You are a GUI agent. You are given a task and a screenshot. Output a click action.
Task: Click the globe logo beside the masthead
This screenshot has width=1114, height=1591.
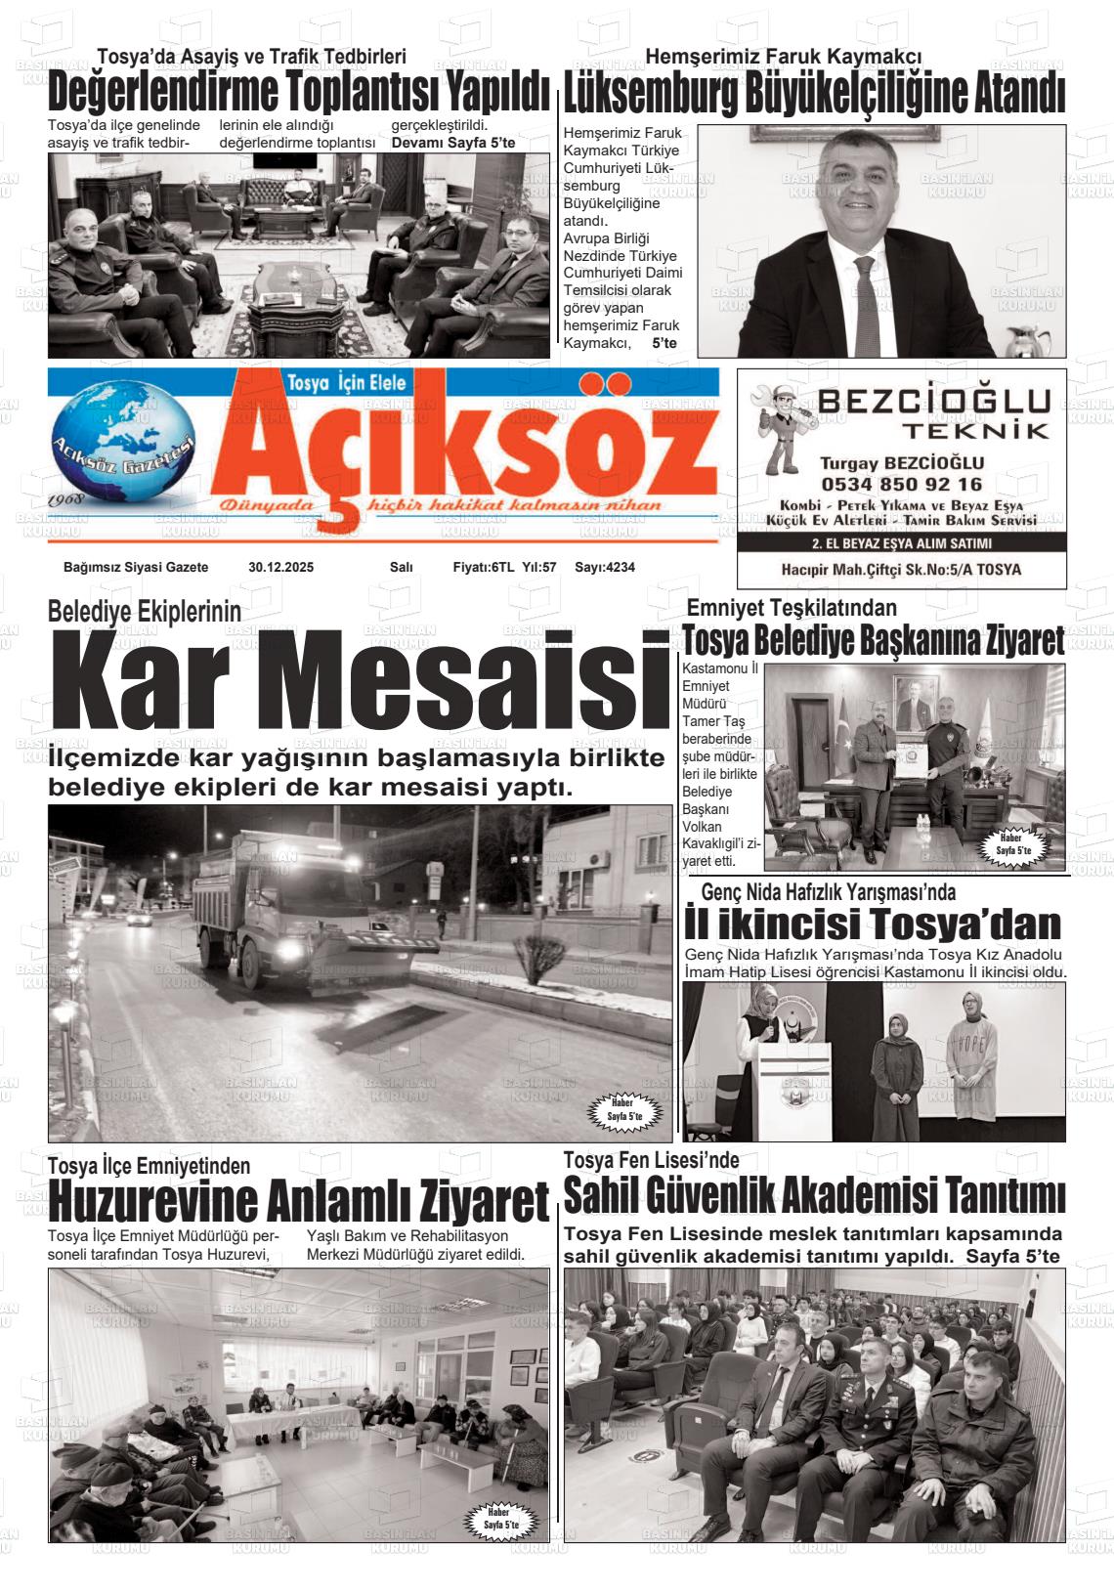122,446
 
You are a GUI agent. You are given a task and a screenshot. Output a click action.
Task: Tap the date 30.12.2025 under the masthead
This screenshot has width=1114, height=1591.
280,567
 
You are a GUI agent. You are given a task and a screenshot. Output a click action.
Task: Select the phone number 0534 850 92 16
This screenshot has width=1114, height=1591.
901,484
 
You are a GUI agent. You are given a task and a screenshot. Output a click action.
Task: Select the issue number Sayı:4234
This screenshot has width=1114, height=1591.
604,567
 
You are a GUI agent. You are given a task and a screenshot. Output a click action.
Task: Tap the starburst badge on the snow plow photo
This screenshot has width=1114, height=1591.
624,1109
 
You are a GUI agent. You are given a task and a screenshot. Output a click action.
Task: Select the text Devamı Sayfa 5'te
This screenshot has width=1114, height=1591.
453,144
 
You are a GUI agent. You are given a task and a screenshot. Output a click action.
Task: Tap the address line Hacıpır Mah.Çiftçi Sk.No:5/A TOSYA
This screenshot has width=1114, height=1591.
901,569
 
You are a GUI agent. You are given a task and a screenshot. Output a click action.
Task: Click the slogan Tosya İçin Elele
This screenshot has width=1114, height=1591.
347,382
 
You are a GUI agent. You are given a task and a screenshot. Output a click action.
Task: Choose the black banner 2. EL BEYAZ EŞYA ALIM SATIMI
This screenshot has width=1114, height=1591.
901,544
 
